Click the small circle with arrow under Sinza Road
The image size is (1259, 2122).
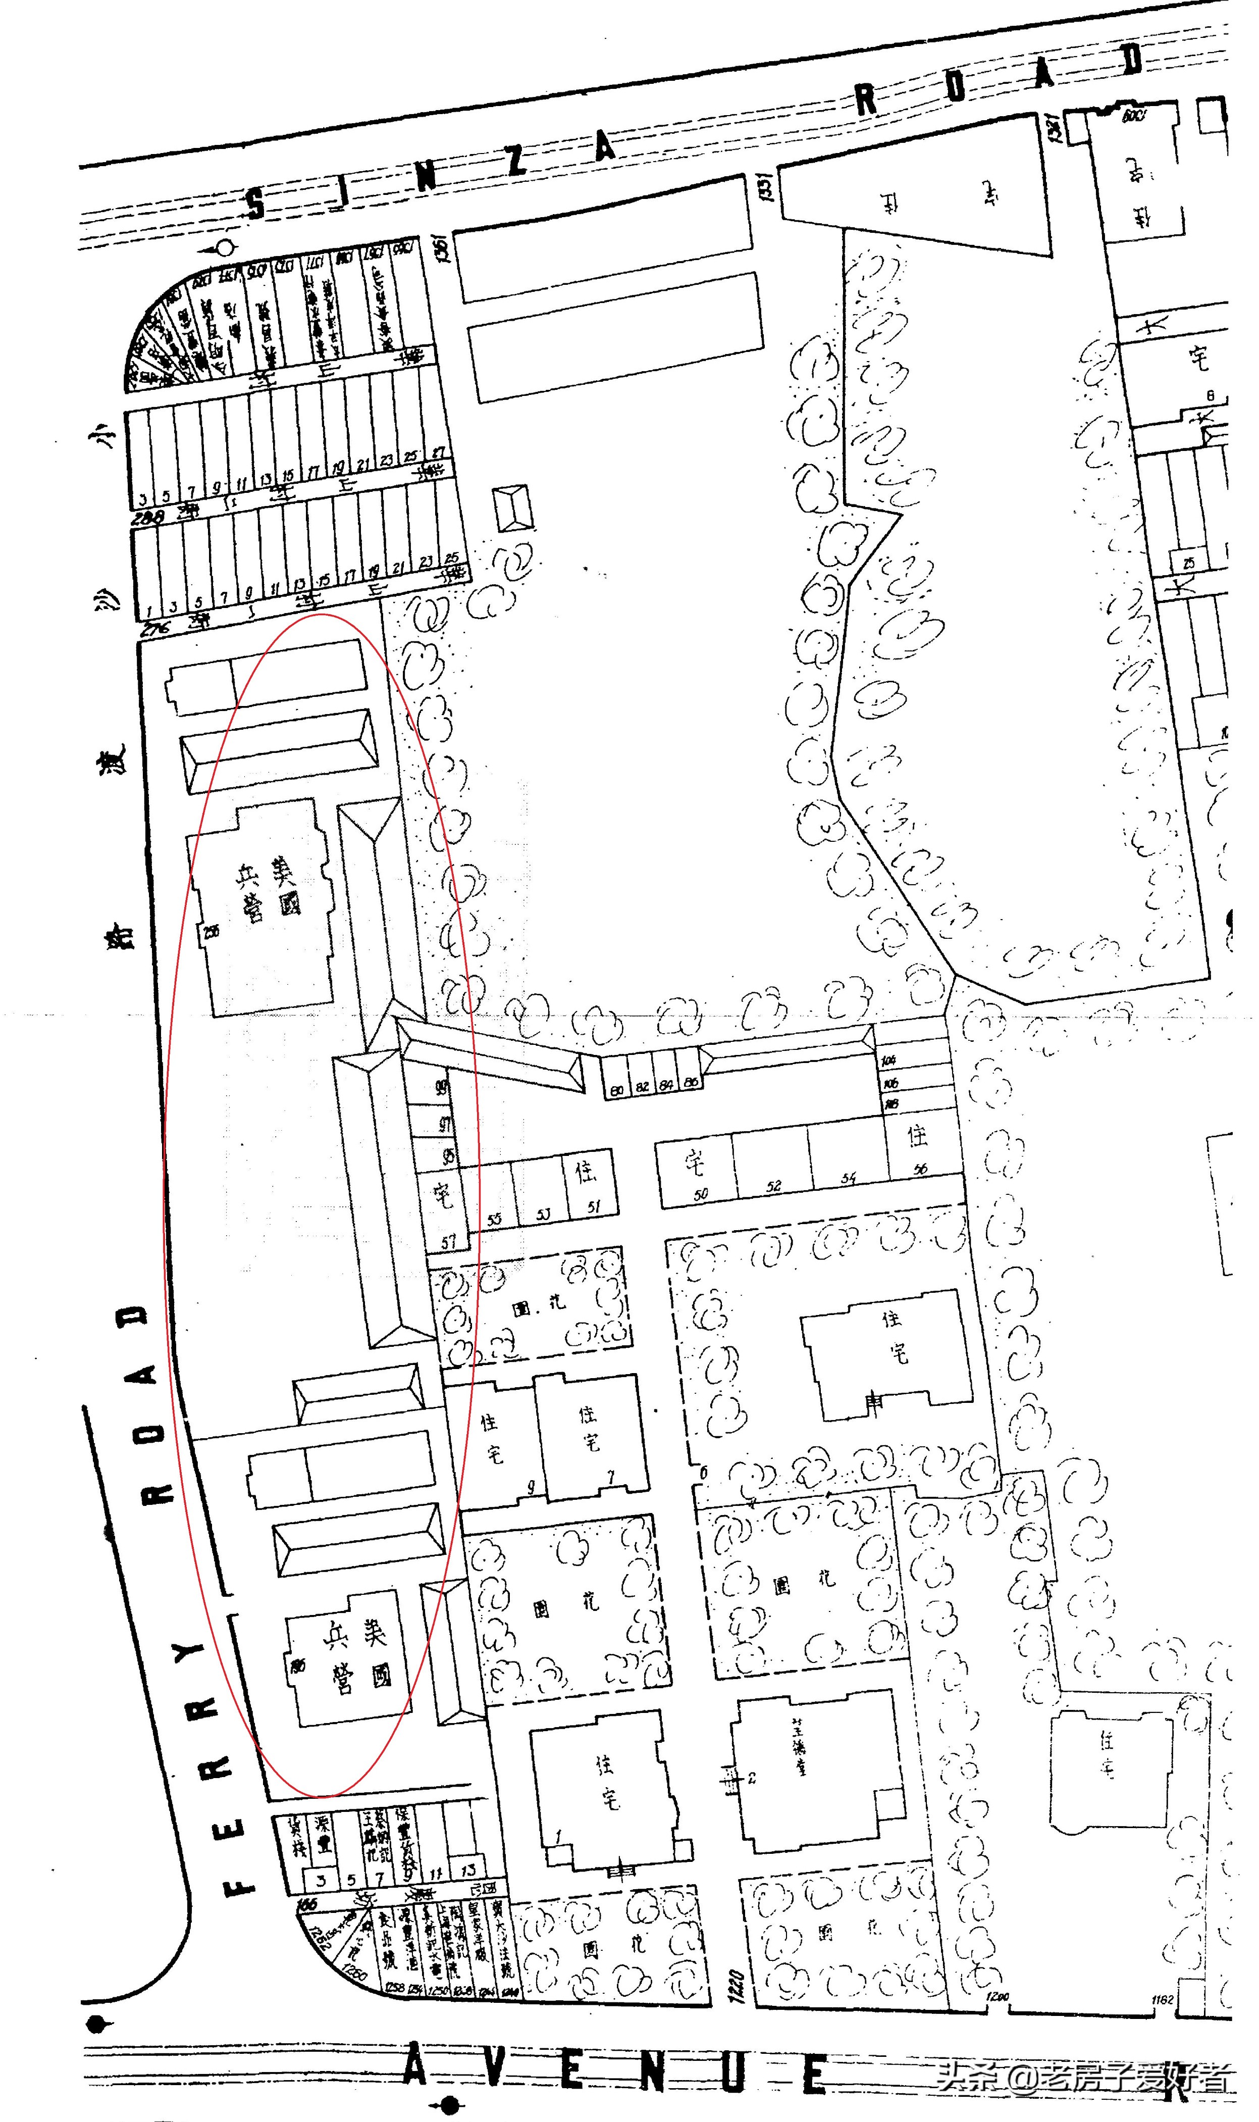[224, 248]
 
